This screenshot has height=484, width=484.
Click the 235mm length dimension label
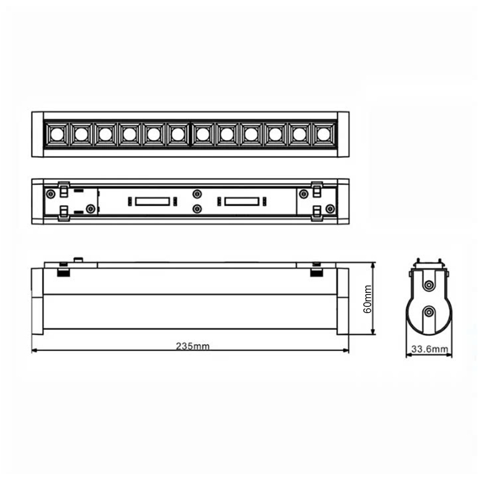pos(192,346)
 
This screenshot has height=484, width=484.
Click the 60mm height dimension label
pos(367,299)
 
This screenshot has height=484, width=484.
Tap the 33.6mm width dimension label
pos(430,349)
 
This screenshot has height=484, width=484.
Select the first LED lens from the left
pos(57,134)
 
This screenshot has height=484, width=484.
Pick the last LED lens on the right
pos(324,134)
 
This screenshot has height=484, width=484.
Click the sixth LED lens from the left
pos(178,134)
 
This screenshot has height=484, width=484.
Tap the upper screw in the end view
pos(429,285)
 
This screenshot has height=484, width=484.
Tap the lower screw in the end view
pos(429,312)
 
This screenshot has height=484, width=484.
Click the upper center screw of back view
pos(197,194)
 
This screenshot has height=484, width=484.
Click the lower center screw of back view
pos(197,209)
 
